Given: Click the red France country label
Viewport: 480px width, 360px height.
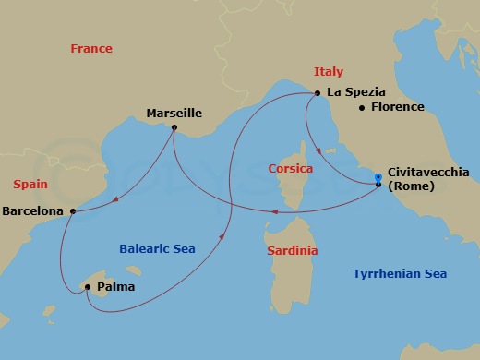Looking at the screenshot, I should pyautogui.click(x=91, y=49).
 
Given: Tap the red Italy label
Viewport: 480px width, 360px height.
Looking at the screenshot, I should pyautogui.click(x=329, y=71).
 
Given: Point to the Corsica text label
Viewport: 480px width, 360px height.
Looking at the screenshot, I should pyautogui.click(x=290, y=169).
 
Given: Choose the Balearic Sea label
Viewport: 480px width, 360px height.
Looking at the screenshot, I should pyautogui.click(x=157, y=248).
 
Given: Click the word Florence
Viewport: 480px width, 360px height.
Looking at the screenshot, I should pyautogui.click(x=397, y=107).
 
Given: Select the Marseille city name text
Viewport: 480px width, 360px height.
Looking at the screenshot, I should pyautogui.click(x=174, y=114).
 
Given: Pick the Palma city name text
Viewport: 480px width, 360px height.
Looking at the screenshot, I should pyautogui.click(x=114, y=287).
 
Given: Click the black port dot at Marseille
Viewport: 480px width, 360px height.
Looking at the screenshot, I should pyautogui.click(x=174, y=127).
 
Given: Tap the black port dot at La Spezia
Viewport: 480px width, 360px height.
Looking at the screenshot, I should pyautogui.click(x=318, y=92).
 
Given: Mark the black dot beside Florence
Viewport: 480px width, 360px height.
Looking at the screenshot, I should pyautogui.click(x=361, y=107).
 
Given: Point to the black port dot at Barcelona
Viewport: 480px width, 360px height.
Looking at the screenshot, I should pyautogui.click(x=72, y=210).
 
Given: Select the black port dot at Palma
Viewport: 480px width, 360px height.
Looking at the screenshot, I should pyautogui.click(x=88, y=287).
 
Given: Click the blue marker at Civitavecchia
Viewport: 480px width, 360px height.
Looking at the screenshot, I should pyautogui.click(x=378, y=179).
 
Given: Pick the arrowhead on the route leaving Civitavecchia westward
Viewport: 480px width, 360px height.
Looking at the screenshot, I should pyautogui.click(x=273, y=210).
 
